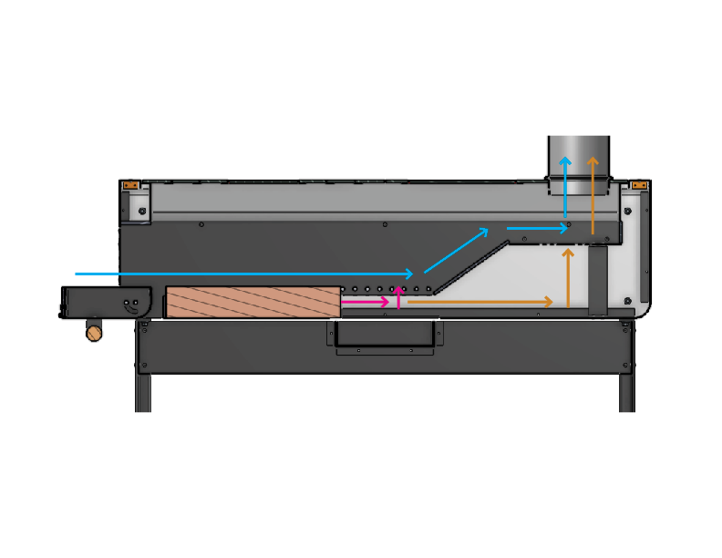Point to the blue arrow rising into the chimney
566,191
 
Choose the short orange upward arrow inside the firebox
569,278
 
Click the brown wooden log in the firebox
253,302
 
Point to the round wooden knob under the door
93,331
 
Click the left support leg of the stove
143,392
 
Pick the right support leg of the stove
627,392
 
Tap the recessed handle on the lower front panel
384,335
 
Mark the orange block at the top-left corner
130,186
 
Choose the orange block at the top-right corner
638,186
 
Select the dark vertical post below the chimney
597,279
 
